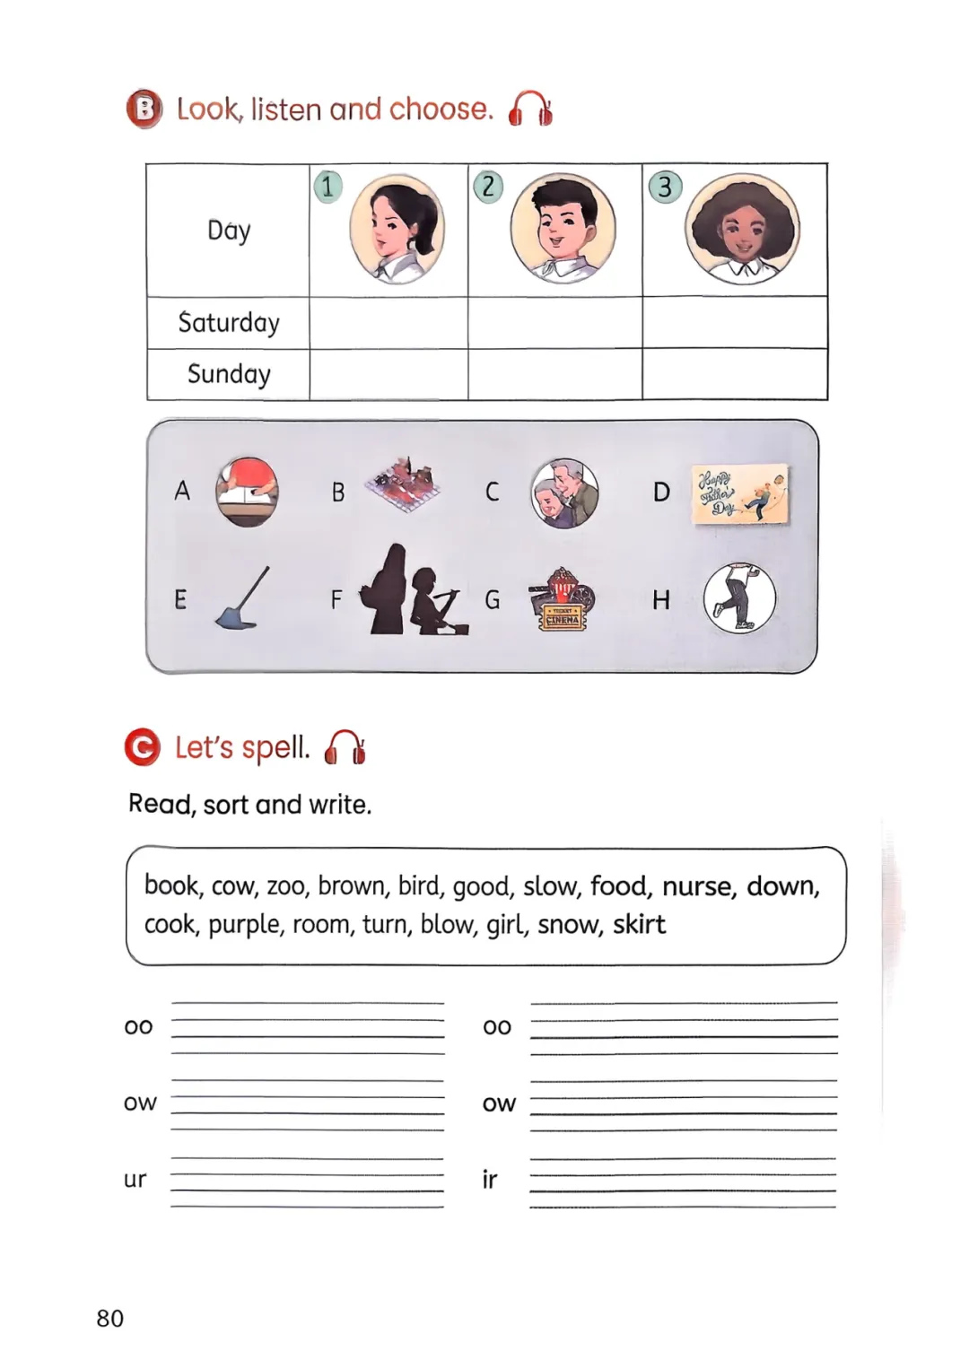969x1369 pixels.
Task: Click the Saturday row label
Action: click(x=229, y=323)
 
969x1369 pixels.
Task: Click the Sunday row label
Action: click(x=229, y=374)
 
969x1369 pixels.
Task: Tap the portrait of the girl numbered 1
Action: click(x=397, y=230)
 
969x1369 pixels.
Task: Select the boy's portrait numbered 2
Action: click(x=563, y=228)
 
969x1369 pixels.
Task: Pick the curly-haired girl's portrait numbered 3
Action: click(x=742, y=230)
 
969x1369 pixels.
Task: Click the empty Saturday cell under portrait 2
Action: click(x=554, y=323)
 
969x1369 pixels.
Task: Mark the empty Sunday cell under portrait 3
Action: click(x=734, y=374)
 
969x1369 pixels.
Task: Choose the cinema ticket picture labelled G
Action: click(x=562, y=599)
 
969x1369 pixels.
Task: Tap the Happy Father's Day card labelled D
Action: click(x=740, y=493)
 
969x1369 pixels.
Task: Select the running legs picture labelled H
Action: click(x=739, y=598)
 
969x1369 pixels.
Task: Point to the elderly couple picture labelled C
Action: click(x=564, y=493)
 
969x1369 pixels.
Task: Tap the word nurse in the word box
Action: click(x=697, y=886)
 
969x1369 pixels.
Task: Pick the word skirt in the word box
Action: click(x=639, y=925)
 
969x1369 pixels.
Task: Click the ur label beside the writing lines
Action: click(x=135, y=1180)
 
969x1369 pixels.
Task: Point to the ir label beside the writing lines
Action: click(x=489, y=1180)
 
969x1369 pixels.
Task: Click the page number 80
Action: click(x=110, y=1318)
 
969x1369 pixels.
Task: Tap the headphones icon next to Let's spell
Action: click(x=345, y=746)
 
